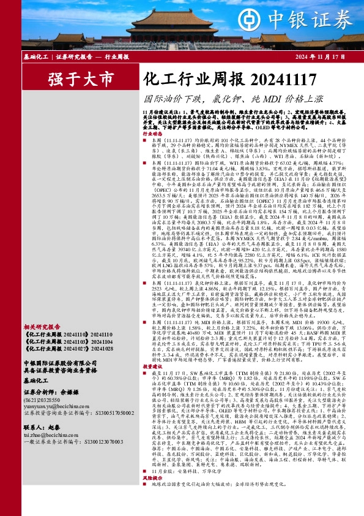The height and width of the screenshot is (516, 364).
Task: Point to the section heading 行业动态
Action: point(152,133)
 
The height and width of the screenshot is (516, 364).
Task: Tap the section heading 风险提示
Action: point(152,495)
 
